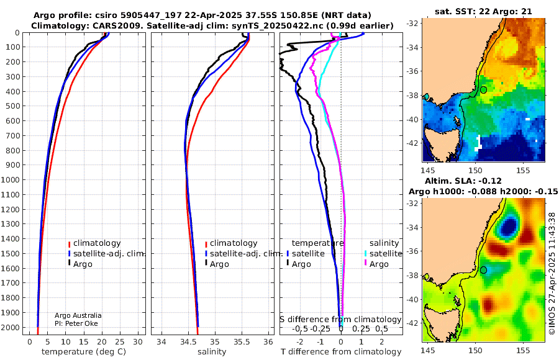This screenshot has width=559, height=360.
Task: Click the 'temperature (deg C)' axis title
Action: (x=84, y=351)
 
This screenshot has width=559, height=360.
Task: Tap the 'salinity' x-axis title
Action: (x=212, y=351)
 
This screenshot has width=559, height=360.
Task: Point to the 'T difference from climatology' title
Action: (x=341, y=351)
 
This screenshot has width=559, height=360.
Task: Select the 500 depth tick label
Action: (x=12, y=106)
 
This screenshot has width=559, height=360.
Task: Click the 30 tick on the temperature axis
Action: (x=138, y=342)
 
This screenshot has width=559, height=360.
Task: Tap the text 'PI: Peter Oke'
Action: (x=76, y=323)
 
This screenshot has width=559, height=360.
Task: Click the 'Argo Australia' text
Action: (x=78, y=315)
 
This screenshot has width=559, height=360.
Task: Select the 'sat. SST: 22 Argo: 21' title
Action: (x=483, y=11)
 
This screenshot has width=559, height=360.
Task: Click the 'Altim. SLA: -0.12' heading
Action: (x=463, y=181)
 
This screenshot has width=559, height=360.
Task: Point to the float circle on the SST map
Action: (x=483, y=90)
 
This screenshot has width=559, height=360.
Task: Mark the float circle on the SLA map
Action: (x=483, y=270)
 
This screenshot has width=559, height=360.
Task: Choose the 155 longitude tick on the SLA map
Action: (x=523, y=350)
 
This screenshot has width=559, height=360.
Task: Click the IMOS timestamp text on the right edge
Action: (x=552, y=273)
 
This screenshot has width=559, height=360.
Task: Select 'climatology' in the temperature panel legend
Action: (x=97, y=243)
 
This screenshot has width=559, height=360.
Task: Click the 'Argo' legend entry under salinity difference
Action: (x=379, y=264)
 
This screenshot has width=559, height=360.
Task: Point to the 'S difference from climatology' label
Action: (x=340, y=319)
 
